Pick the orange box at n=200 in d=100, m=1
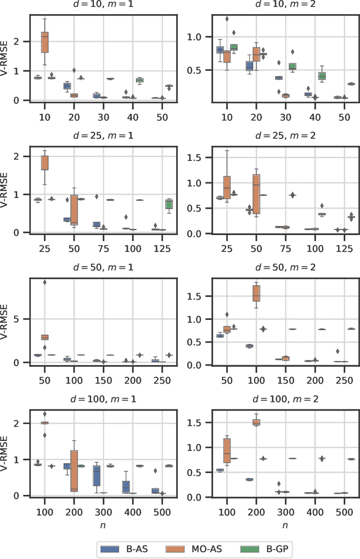(x=74, y=470)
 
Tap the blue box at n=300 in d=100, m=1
(x=97, y=475)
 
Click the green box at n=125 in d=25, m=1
(x=169, y=204)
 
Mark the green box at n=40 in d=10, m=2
(x=321, y=76)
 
